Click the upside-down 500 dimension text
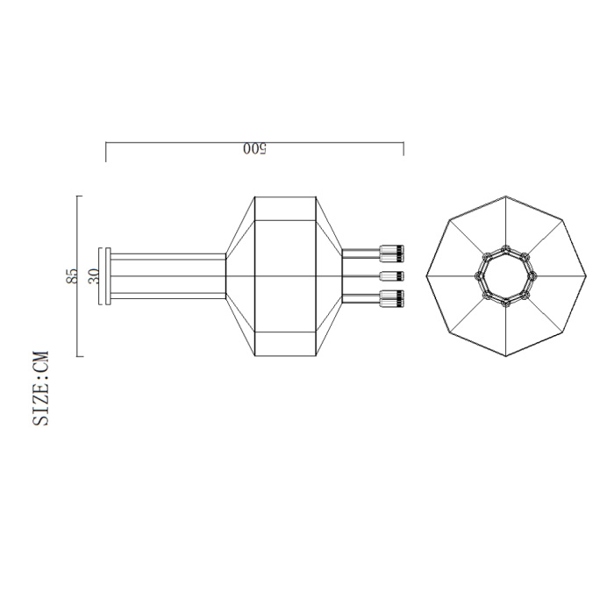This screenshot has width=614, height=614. coord(254,149)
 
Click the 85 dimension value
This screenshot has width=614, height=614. coord(72,276)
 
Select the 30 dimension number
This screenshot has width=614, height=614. coord(94,276)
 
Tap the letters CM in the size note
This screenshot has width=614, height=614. coord(41,363)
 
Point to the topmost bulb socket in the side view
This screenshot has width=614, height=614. coord(391,253)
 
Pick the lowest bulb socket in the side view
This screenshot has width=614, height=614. coord(391,298)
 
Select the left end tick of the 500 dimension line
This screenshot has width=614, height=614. coord(106,152)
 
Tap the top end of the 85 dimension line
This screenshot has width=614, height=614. coord(79,196)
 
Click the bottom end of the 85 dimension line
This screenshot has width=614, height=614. coord(79,356)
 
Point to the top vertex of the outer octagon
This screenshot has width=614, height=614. coord(506,196)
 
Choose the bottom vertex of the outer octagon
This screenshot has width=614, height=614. coord(506,357)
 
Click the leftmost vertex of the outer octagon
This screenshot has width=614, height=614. coord(426,276)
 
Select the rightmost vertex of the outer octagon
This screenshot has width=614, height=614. coord(586,276)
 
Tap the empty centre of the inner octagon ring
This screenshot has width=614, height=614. coord(506,276)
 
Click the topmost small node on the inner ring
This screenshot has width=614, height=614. coord(506,247)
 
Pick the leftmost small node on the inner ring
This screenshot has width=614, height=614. coord(479,276)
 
